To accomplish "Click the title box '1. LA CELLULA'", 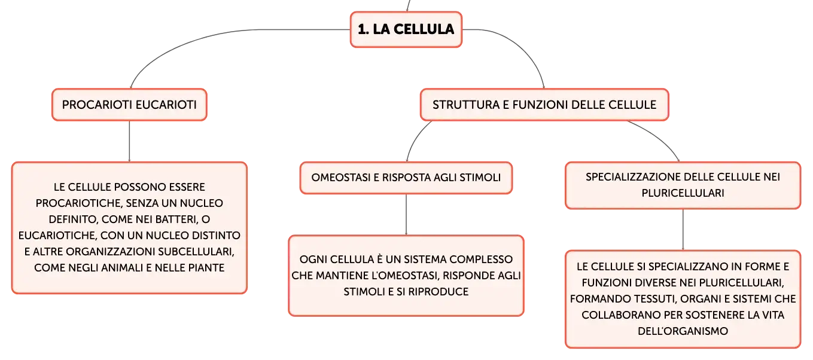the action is click(406, 29).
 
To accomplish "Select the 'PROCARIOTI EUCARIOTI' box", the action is click(129, 105).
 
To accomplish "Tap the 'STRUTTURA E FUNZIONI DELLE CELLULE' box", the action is click(544, 105).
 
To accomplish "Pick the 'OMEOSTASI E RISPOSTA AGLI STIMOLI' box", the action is click(406, 178).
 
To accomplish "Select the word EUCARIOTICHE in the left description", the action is click(57, 236).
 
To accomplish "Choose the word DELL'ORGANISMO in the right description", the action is click(683, 331).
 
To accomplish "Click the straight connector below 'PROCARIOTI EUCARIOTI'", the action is click(129, 141).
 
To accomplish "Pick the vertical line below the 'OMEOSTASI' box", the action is click(406, 215).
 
